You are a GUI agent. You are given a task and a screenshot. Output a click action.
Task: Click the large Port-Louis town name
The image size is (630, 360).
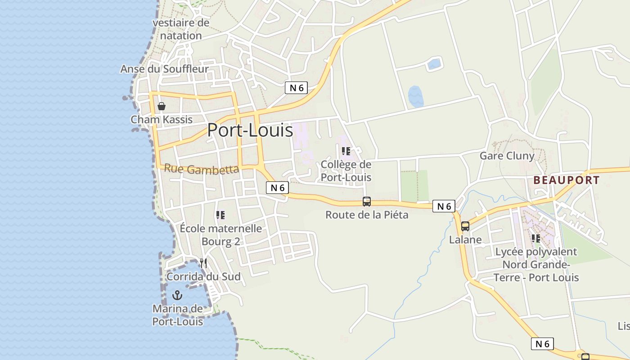point(250,130)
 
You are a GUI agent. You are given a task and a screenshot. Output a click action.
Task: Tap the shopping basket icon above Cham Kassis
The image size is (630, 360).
point(162,106)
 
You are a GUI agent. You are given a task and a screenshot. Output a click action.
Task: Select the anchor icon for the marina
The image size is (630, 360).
point(178,295)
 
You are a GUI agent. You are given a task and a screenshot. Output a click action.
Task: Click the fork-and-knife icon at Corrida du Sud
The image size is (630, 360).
point(203,263)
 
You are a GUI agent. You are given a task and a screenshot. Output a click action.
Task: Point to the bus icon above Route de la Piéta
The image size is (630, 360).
point(367,202)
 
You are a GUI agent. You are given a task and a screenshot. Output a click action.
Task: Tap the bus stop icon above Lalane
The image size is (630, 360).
point(465,226)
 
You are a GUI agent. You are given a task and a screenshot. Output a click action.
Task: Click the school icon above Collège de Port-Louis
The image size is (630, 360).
point(346,151)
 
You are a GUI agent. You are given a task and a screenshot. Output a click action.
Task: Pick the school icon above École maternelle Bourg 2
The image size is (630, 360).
point(220,215)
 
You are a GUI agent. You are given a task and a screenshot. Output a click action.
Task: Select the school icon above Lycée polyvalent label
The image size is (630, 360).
point(535,238)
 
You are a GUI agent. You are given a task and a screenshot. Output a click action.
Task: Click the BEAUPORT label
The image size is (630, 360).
point(566,180)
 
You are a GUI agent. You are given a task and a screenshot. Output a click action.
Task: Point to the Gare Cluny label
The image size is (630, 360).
point(507,156)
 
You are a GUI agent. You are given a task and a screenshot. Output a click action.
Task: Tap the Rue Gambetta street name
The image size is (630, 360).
point(201,169)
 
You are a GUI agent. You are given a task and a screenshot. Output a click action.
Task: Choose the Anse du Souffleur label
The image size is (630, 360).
point(164,69)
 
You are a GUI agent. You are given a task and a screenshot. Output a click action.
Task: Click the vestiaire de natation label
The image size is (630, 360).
point(181,29)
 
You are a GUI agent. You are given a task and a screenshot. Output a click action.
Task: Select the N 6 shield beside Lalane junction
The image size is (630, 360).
point(444,206)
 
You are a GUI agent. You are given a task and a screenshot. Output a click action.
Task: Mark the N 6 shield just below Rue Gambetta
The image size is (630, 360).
point(277,188)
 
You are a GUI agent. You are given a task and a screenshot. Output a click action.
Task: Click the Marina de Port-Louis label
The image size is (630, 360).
point(178,315)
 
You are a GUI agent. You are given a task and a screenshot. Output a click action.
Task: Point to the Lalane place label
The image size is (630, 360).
point(465,240)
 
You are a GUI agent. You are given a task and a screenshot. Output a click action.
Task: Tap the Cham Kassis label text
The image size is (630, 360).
point(162,120)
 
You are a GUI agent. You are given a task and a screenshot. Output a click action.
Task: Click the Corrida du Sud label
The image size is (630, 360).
point(203,276)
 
